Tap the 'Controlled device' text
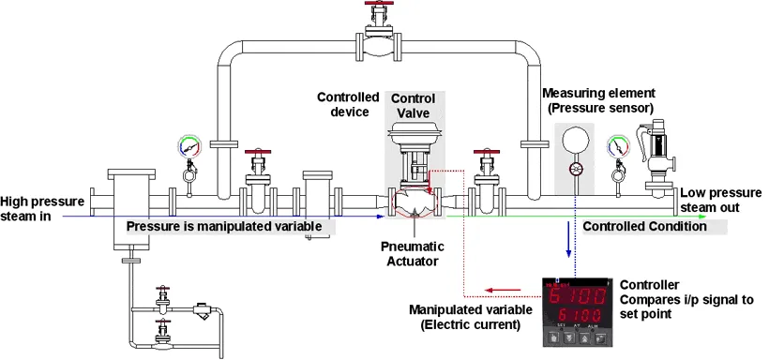click(x=348, y=104)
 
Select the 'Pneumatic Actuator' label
click(x=412, y=253)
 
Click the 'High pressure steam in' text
click(x=42, y=208)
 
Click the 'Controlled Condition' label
click(x=644, y=227)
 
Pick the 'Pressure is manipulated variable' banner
click(x=224, y=227)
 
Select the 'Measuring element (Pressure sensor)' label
click(x=598, y=100)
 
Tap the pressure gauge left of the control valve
click(x=189, y=147)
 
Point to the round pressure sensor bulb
click(x=574, y=140)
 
